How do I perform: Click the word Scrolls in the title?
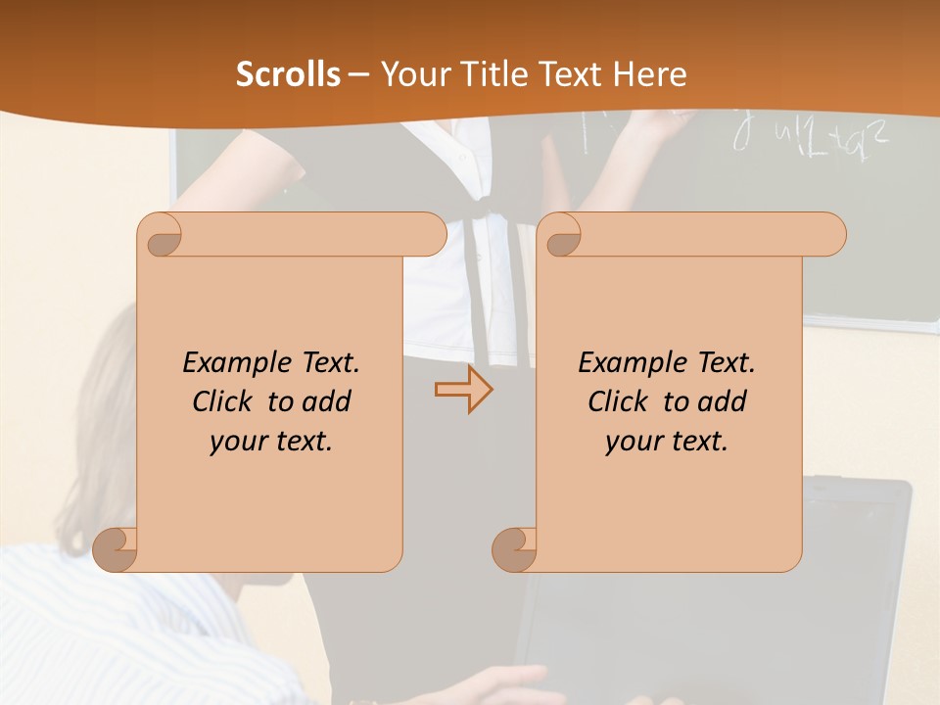(288, 74)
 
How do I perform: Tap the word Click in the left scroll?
(225, 401)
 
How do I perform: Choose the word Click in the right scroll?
(621, 401)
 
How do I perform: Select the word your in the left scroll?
(236, 442)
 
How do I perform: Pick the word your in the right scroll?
(632, 442)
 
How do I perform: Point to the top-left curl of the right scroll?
(561, 235)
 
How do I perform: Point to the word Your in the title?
(410, 74)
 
